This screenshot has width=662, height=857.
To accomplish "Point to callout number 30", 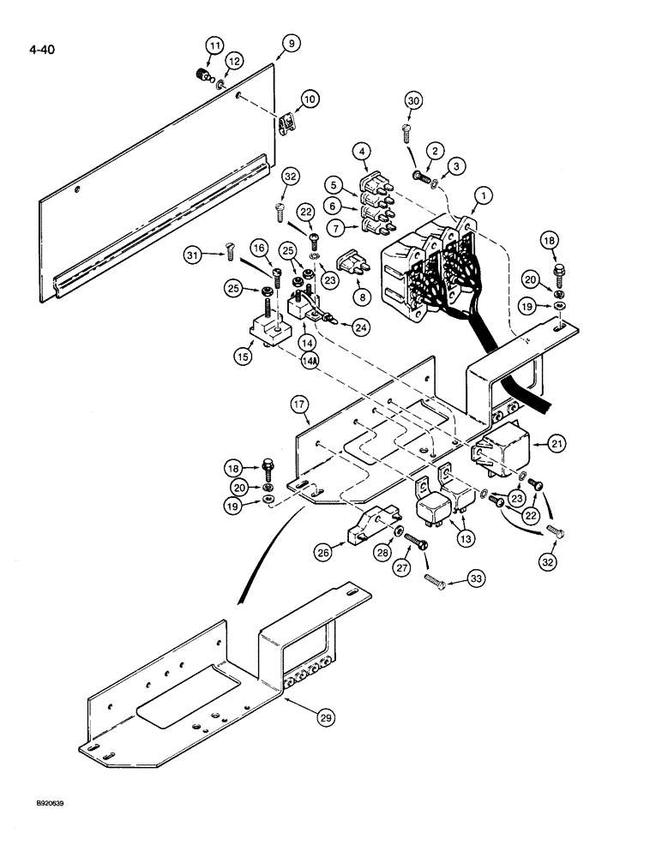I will [414, 101].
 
